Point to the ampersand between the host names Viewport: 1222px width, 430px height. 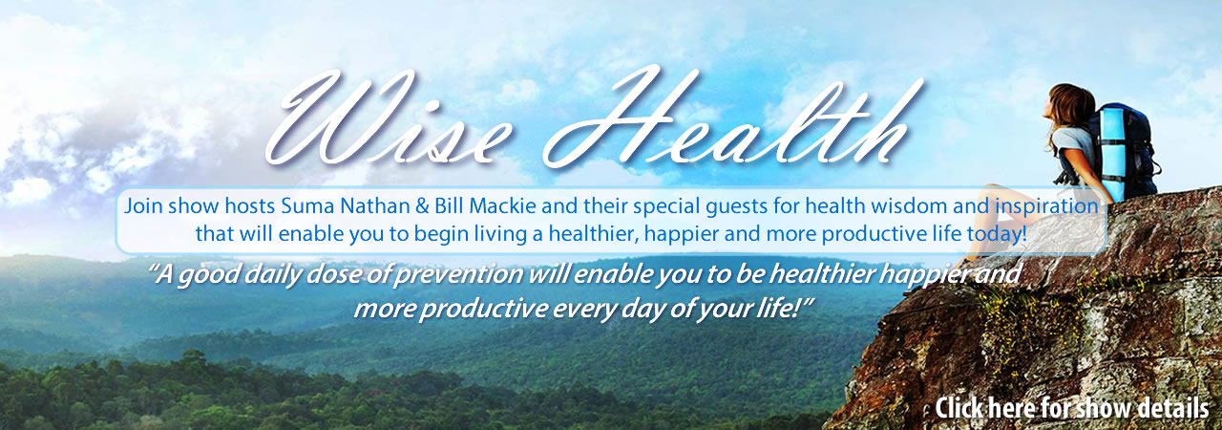coord(422,206)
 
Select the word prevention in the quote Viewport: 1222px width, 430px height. coord(459,274)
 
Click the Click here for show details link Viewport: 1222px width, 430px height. coord(1072,408)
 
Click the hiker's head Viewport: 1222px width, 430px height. coord(1070,105)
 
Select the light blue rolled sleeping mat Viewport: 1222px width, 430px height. coord(1113,153)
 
